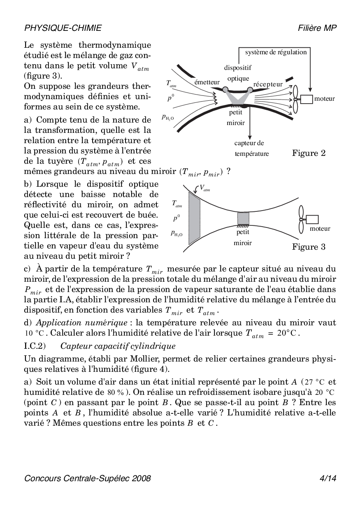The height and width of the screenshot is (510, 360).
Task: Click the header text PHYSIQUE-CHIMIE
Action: pyautogui.click(x=63, y=28)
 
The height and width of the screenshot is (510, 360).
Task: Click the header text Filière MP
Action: pyautogui.click(x=318, y=28)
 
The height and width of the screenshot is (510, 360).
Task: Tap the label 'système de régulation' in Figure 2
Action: pyautogui.click(x=276, y=52)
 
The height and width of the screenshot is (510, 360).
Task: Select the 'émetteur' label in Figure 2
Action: pyautogui.click(x=207, y=82)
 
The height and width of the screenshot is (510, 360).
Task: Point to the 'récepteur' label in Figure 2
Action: pyautogui.click(x=268, y=84)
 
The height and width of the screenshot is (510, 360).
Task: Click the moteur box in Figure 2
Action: pyautogui.click(x=307, y=99)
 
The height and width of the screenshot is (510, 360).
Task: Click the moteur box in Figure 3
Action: pyautogui.click(x=312, y=220)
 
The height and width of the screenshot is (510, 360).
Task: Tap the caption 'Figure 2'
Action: pyautogui.click(x=309, y=153)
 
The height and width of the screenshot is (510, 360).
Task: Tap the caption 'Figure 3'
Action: pyautogui.click(x=309, y=247)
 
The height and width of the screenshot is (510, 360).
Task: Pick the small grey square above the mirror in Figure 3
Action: pyautogui.click(x=243, y=218)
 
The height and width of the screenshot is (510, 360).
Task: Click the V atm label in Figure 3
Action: pyautogui.click(x=204, y=189)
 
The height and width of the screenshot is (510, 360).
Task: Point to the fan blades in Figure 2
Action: pyautogui.click(x=295, y=99)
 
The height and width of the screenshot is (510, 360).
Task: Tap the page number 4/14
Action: pyautogui.click(x=328, y=478)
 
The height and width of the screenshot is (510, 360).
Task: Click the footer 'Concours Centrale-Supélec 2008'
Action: pyautogui.click(x=88, y=478)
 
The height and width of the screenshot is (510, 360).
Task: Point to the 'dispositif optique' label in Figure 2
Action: pyautogui.click(x=238, y=73)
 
